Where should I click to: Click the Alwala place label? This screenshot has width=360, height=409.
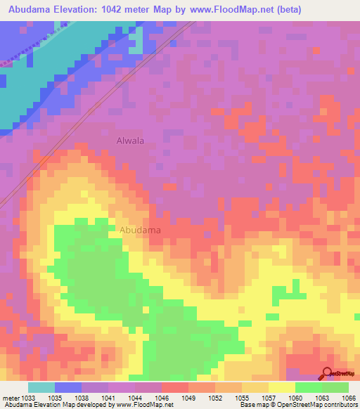pos(130,141)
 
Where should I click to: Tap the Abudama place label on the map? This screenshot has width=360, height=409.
pos(140,230)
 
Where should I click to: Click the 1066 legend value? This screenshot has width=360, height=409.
pos(349,398)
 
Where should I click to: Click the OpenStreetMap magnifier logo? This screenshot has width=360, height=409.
pos(326,373)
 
